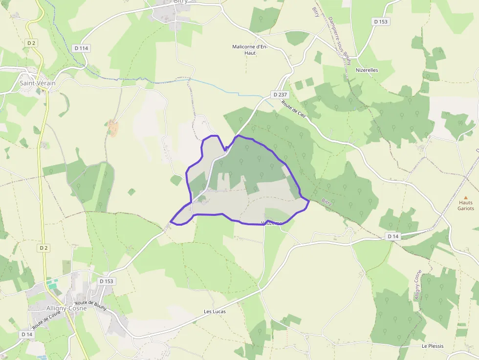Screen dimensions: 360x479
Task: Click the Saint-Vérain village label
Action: coord(38,83)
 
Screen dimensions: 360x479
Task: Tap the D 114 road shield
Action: coord(82,48)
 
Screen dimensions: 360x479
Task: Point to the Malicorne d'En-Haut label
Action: coord(250,49)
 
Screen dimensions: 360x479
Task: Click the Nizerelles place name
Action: coord(367,70)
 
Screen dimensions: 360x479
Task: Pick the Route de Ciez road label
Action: coord(294,108)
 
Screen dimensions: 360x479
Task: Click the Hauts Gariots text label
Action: coord(465,205)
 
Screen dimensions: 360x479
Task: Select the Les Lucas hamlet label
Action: coord(215,311)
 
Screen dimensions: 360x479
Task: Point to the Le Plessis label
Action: coord(433,346)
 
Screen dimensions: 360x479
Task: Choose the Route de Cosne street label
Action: coord(47,320)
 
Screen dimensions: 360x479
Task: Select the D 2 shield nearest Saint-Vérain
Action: coord(32,43)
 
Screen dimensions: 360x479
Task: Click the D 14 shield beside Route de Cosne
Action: coord(26,334)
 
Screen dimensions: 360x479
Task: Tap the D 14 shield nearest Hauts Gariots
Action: coord(393,236)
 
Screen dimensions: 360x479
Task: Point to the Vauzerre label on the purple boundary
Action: coord(272,223)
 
